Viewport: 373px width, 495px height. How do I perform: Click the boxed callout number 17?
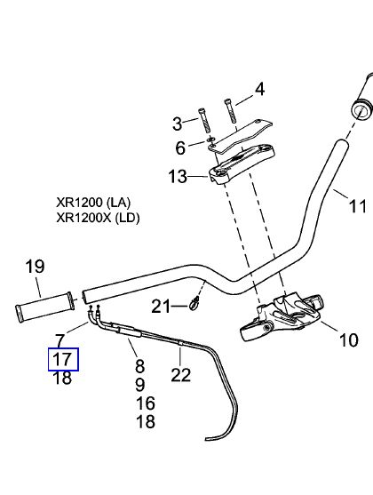click(x=63, y=359)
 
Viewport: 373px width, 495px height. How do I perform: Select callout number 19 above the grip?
click(x=35, y=267)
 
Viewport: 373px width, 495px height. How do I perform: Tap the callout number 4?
click(x=259, y=90)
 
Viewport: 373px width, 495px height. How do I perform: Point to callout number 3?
click(x=178, y=124)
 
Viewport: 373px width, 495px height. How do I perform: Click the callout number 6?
click(x=180, y=148)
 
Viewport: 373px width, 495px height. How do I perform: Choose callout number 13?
click(x=178, y=177)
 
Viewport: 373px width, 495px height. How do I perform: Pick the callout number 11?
click(x=358, y=207)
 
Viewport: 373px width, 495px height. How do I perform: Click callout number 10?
click(x=349, y=340)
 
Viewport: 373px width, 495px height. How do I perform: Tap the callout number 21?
click(x=161, y=307)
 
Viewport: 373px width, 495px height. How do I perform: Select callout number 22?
click(x=181, y=375)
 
